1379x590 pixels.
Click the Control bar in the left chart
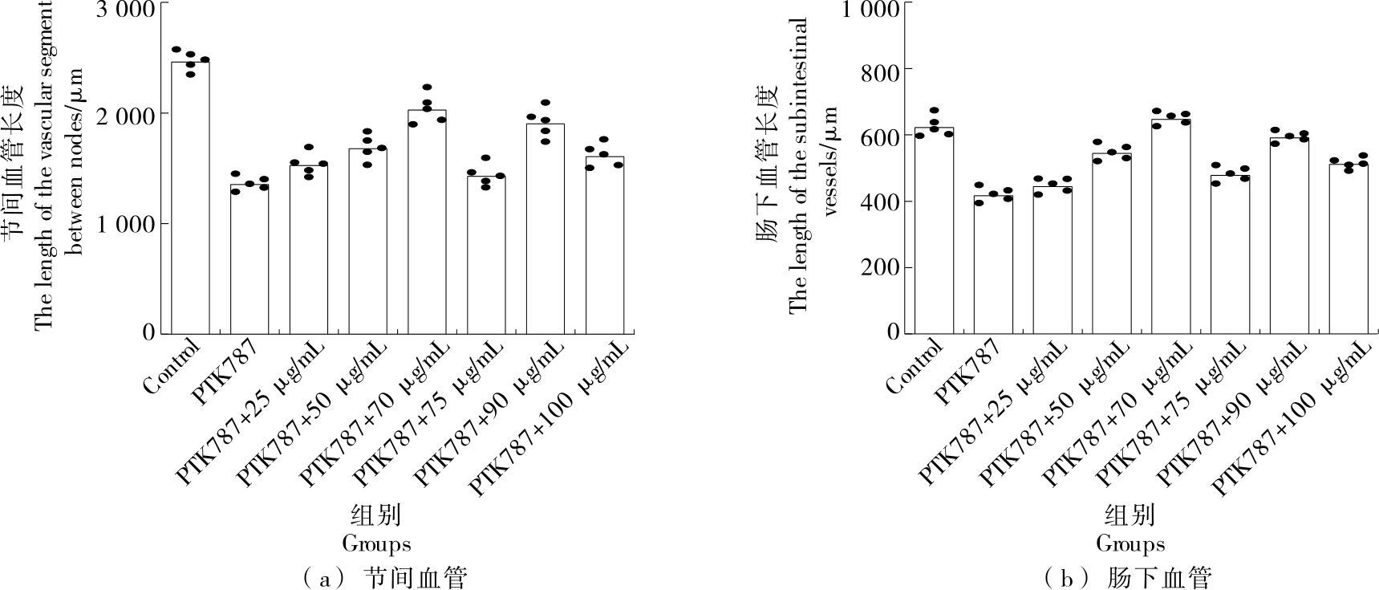[x=190, y=197]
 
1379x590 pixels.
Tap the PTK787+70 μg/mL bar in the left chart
[x=427, y=221]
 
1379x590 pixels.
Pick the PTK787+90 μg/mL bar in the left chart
[x=546, y=228]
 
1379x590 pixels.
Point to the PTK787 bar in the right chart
[x=993, y=264]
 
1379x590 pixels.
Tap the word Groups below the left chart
[x=376, y=544]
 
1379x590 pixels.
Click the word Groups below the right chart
[x=1130, y=544]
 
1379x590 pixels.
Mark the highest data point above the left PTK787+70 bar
[x=427, y=87]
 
